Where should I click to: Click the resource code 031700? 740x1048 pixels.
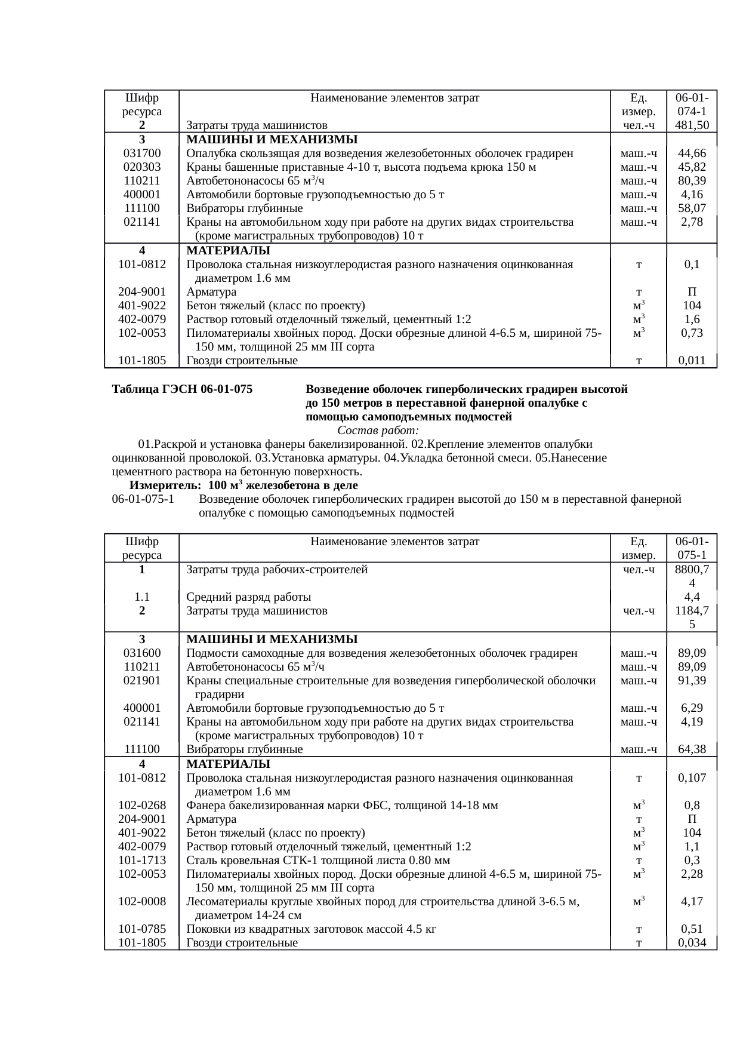[142, 153]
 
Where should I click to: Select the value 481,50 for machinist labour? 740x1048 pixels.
[692, 125]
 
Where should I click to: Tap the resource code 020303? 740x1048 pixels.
[142, 167]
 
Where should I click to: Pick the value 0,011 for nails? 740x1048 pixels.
[692, 361]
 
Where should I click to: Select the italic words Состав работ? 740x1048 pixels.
[378, 431]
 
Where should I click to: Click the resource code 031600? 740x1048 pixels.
[142, 653]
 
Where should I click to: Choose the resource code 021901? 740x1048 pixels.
[142, 681]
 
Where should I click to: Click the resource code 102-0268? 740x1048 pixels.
[142, 805]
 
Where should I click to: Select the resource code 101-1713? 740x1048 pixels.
[142, 860]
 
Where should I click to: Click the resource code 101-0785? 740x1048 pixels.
[142, 929]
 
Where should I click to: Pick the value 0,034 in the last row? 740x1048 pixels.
[692, 943]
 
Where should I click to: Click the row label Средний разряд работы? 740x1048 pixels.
[249, 597]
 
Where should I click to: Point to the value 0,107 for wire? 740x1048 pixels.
[692, 778]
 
